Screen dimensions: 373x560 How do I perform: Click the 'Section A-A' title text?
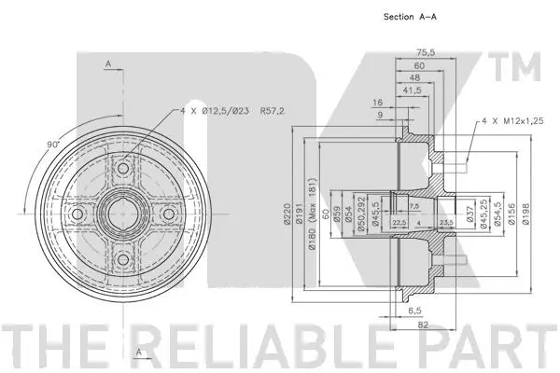pyautogui.click(x=411, y=16)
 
